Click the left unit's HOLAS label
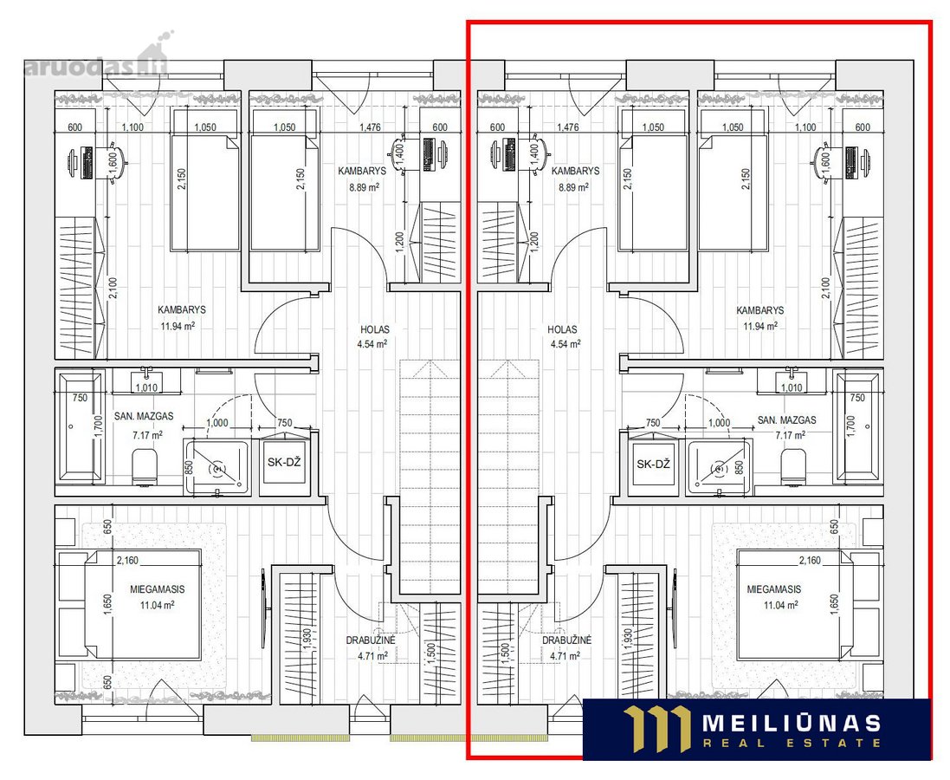(x=375, y=329)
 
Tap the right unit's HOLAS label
(x=562, y=329)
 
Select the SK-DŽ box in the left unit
(x=284, y=462)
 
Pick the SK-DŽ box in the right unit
(x=654, y=464)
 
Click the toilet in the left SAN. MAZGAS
(x=145, y=467)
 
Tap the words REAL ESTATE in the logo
(x=792, y=743)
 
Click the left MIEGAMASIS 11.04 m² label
(x=158, y=597)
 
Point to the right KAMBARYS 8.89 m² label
(x=575, y=179)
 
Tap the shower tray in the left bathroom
(x=216, y=467)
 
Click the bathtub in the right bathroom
(x=856, y=427)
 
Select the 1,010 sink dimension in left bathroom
(x=146, y=387)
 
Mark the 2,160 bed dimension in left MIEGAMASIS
(x=127, y=561)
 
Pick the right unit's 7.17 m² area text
(x=790, y=435)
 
